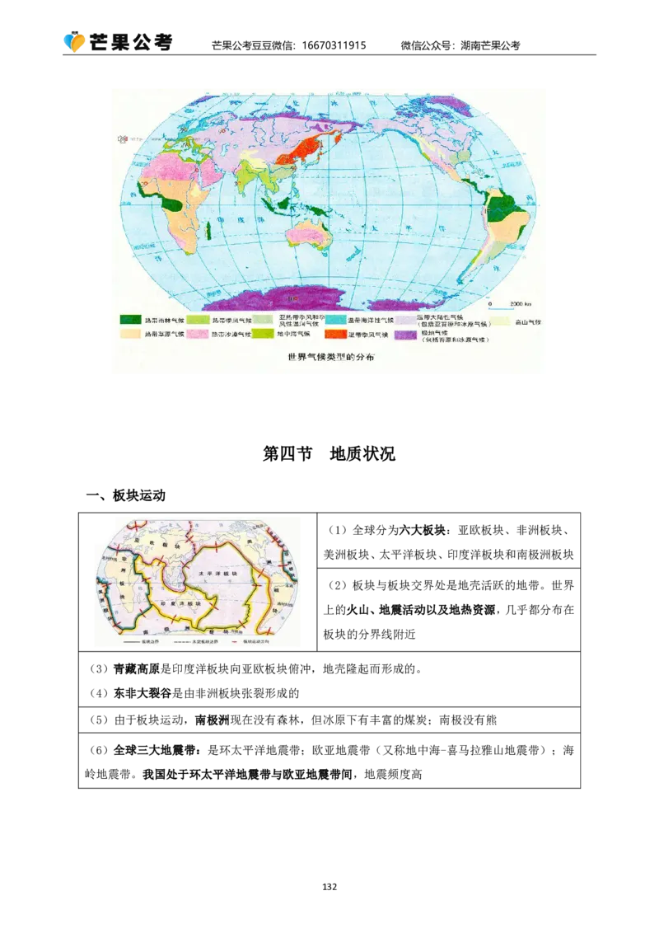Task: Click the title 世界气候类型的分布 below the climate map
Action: [327, 359]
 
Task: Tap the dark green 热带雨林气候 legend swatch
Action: [130, 320]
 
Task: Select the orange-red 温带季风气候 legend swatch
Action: [334, 335]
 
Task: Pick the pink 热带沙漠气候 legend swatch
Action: [196, 335]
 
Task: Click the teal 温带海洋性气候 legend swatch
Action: [334, 320]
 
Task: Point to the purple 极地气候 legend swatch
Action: [405, 335]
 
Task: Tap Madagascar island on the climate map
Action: [208, 229]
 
